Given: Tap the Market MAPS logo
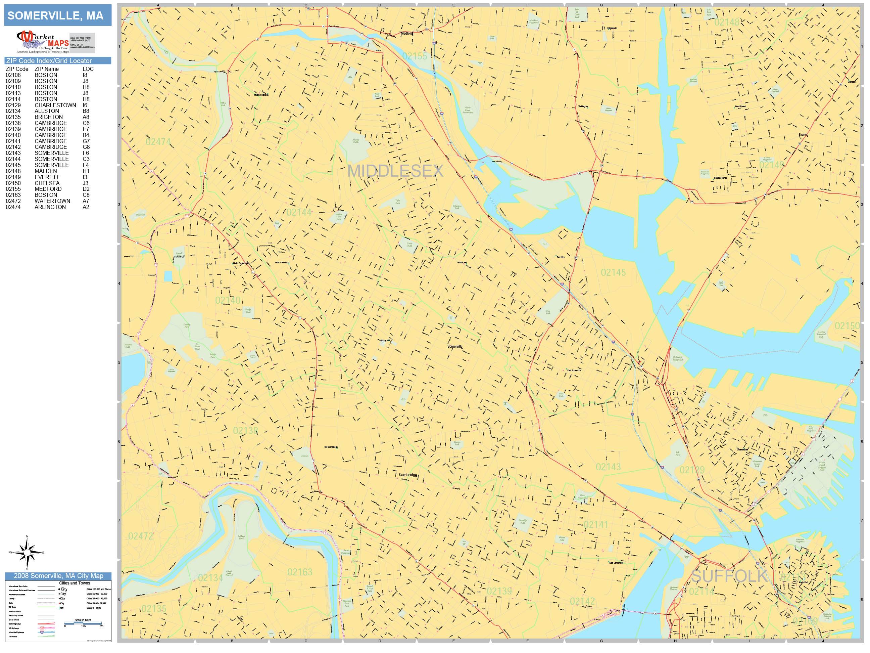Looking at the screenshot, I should coord(43,42).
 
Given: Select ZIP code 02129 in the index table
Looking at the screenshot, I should coord(13,105).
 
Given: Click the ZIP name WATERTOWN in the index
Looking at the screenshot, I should coord(52,201).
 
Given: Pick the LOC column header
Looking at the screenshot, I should coord(88,69).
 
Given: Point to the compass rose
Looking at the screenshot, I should coord(27,553).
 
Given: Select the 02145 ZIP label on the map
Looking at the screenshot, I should coord(613,272).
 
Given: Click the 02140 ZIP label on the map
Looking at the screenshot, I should coord(227,301).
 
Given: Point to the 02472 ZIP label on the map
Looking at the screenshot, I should coord(140,536).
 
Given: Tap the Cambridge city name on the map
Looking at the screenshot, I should coord(408,475).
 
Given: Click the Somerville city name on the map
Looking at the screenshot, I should coord(455,346).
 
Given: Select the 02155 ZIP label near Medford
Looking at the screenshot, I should coord(415,56).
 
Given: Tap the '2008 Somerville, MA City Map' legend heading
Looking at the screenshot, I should coord(58,576).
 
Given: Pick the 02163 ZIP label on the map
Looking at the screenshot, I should coord(300,572).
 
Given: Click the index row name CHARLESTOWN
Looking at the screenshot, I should coord(55,105).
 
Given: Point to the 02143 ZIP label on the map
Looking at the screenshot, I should coord(608,467).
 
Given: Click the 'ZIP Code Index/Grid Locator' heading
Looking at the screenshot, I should coord(49,60).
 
